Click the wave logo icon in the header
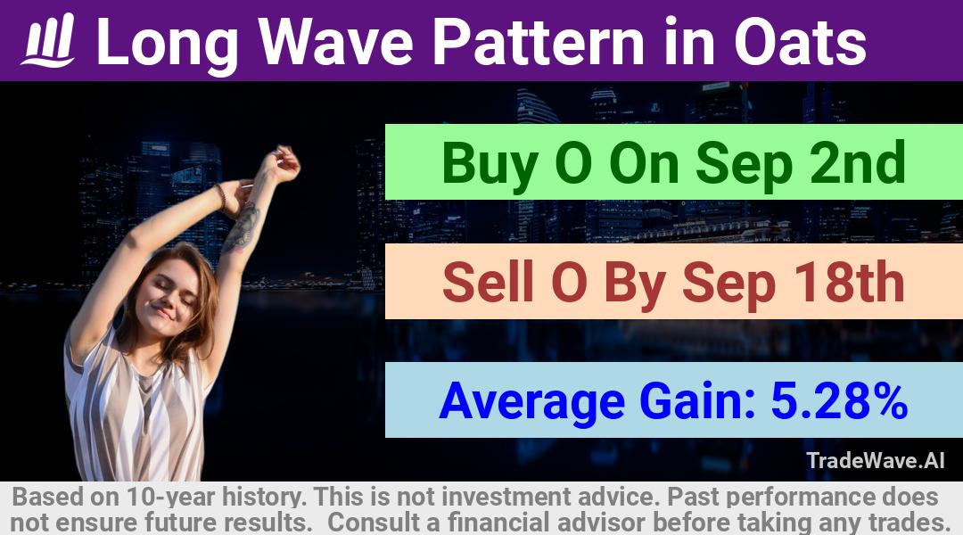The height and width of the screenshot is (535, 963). (x=48, y=40)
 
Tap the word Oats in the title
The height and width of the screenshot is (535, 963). (x=800, y=42)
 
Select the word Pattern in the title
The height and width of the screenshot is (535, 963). (x=539, y=41)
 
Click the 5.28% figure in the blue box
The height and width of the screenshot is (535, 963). (x=839, y=400)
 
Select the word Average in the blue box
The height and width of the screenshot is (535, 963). (x=531, y=402)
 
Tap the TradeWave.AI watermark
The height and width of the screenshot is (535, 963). (x=876, y=460)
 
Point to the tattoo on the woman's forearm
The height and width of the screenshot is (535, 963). (x=243, y=227)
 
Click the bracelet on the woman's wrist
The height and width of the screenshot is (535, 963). (x=221, y=196)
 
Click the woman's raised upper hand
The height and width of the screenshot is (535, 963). (x=283, y=163)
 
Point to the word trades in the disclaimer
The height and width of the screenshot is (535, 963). (x=909, y=523)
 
